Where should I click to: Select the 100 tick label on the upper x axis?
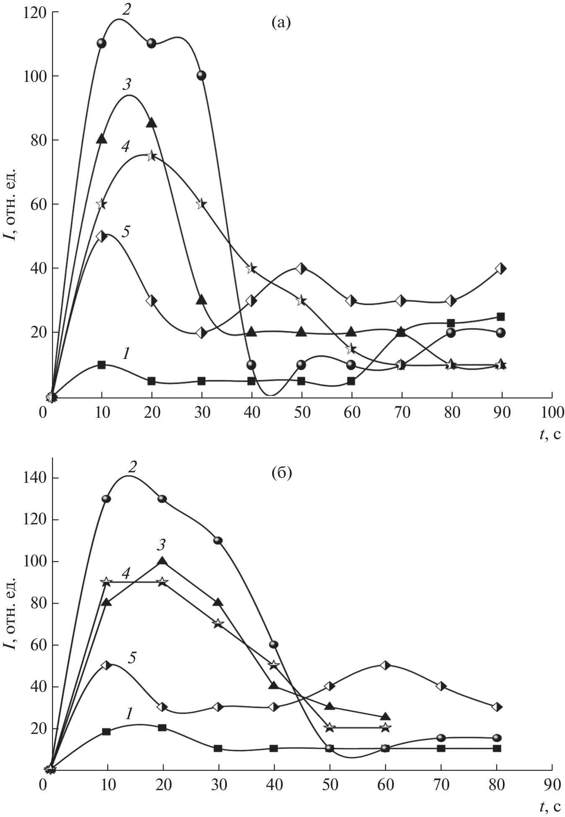552,413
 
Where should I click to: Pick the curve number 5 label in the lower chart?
132,657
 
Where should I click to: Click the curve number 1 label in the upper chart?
125,354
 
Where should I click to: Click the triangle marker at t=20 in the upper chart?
151,123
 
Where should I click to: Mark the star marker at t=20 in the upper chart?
151,156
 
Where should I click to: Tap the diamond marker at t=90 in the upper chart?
500,269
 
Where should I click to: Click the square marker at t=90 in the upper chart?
500,317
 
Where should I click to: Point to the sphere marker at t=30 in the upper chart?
201,76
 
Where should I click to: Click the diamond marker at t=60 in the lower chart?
385,665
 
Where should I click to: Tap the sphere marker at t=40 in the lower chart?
274,644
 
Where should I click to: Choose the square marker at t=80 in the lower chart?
497,748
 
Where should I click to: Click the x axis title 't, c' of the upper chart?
549,434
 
